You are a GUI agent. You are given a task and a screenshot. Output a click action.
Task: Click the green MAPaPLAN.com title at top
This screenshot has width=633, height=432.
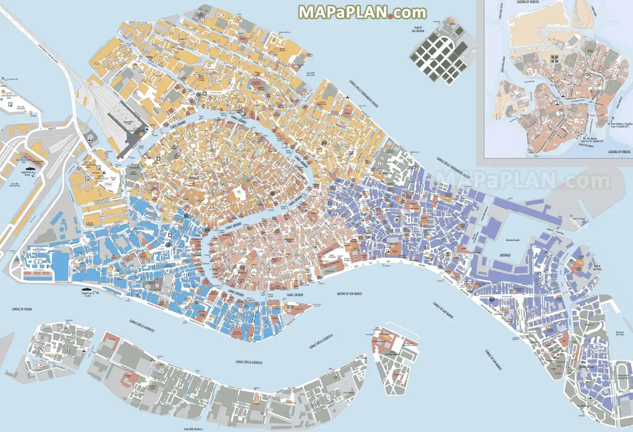(x=362, y=12)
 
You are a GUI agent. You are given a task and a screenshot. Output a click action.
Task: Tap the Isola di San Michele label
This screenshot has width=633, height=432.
(x=418, y=29)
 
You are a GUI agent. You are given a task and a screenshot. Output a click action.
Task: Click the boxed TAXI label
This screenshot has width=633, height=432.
(x=108, y=184)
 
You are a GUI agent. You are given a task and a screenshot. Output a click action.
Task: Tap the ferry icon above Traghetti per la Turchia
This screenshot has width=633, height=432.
(x=87, y=287)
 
